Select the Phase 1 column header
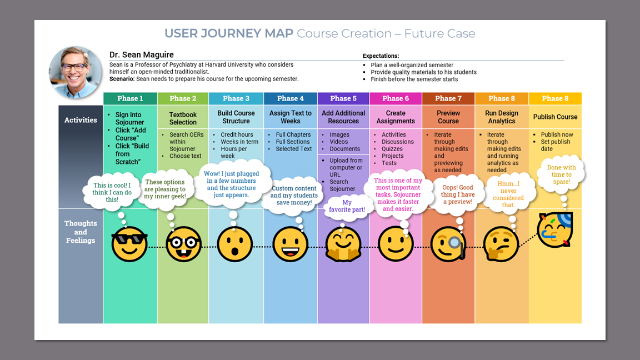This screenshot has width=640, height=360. tap(130, 98)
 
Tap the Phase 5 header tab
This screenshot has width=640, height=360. tap(343, 98)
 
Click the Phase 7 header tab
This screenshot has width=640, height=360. tap(448, 98)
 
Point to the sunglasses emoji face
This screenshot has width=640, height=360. tap(129, 244)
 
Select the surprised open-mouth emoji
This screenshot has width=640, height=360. tap(234, 244)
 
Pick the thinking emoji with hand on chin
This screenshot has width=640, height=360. tap(501, 244)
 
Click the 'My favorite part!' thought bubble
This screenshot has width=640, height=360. tap(347, 206)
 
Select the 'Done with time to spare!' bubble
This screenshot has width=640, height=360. tap(562, 174)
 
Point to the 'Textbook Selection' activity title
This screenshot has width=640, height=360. tap(183, 118)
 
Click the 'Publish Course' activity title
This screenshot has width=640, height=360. tap(555, 117)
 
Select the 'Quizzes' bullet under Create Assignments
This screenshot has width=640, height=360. tap(392, 149)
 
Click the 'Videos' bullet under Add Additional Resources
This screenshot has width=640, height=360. tap(339, 142)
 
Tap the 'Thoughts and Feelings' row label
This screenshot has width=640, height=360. tap(81, 232)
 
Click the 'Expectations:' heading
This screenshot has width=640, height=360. tap(381, 56)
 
